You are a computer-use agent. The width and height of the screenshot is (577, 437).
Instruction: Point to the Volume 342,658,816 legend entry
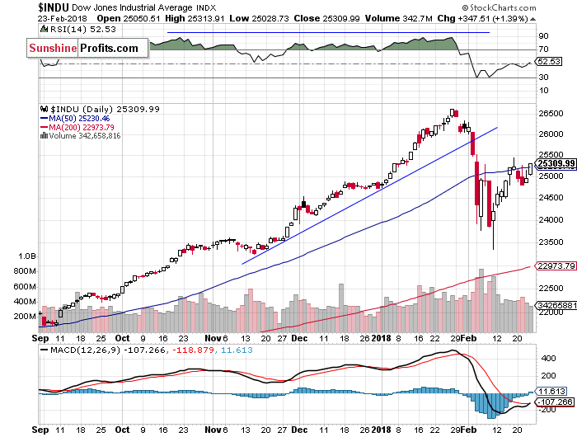(85, 136)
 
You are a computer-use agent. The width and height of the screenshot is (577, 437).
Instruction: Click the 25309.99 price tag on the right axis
(556, 164)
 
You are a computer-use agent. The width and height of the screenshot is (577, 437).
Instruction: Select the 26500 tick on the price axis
(550, 112)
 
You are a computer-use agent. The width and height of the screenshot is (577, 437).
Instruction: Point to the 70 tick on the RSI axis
(544, 50)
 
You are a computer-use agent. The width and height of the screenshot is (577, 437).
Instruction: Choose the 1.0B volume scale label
(27, 256)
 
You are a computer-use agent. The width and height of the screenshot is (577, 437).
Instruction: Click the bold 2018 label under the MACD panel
(381, 430)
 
